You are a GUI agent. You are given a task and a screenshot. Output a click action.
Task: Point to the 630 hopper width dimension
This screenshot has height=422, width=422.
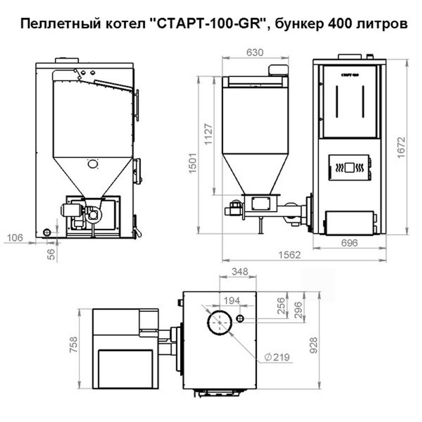tap(254, 52)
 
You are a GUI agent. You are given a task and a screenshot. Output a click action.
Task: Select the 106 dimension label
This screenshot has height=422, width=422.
tap(14, 238)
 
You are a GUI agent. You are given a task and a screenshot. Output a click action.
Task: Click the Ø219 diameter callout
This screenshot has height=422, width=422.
tap(277, 358)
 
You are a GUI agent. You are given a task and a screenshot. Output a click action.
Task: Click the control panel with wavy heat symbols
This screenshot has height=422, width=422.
tap(350, 168)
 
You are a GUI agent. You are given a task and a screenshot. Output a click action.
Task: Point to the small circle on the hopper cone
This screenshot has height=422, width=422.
tap(92, 164)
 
